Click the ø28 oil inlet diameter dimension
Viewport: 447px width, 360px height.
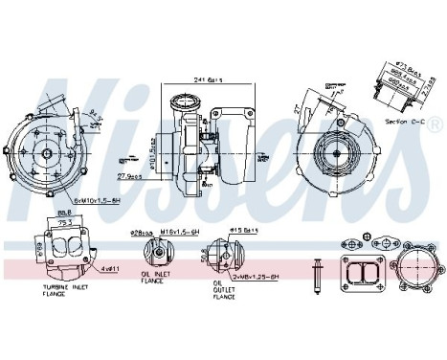point(145,231)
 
